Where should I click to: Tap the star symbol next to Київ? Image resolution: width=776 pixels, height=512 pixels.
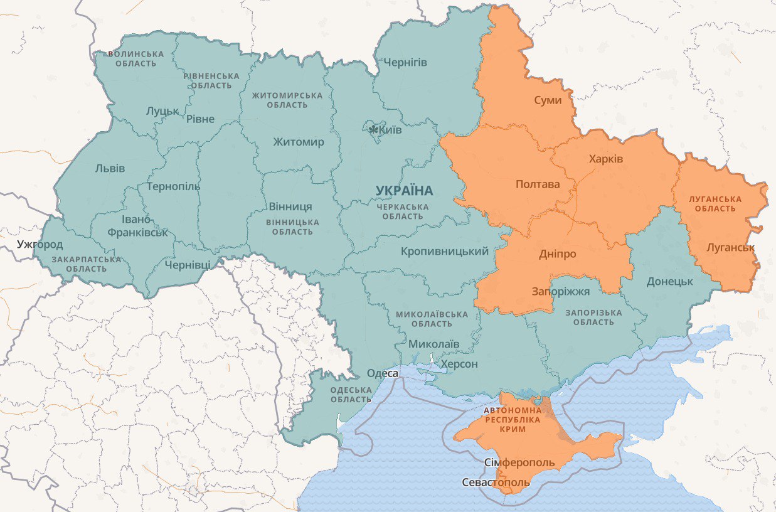click(374, 130)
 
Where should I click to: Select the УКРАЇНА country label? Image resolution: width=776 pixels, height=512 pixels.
click(405, 190)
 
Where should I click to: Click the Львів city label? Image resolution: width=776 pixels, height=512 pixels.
click(110, 168)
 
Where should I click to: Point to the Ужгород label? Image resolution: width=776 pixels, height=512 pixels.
click(40, 244)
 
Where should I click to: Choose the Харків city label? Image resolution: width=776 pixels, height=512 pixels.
click(606, 159)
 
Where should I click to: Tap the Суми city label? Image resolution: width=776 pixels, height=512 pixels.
click(548, 100)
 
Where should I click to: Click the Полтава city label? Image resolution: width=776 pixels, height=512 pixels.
click(537, 184)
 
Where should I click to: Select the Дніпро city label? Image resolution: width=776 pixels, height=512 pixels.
click(557, 254)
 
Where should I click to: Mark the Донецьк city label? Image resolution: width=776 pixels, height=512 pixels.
click(669, 281)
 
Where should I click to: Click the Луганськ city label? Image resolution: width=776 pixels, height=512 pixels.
click(730, 247)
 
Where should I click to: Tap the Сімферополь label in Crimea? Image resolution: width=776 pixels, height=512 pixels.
click(519, 463)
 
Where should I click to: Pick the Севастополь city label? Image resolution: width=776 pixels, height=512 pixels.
click(496, 483)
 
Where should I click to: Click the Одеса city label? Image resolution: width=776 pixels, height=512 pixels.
click(382, 373)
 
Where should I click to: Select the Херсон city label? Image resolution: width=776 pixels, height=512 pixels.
click(459, 364)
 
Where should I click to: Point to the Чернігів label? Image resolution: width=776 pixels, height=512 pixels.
click(405, 63)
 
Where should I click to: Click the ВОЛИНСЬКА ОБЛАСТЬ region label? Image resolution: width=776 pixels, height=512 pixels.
click(136, 59)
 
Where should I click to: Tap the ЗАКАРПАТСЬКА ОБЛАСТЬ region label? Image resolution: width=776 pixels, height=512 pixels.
click(87, 264)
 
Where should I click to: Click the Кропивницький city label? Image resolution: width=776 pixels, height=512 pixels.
click(445, 252)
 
